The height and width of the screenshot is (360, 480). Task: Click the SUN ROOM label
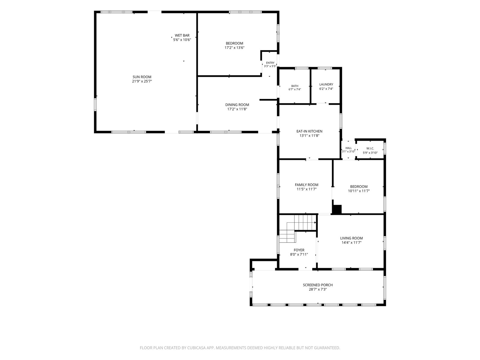pos(142,77)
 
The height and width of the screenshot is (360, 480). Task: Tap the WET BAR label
pos(182,35)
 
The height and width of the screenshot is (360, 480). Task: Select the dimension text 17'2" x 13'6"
pos(234,48)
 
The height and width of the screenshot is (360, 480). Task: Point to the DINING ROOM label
pos(237,105)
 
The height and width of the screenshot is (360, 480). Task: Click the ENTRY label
pos(270,63)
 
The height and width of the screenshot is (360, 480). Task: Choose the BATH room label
pos(295,86)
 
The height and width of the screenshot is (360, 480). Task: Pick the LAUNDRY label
pos(326,84)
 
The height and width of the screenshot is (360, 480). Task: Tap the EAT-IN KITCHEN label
pos(309,131)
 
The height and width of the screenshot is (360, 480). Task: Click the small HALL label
pos(349,148)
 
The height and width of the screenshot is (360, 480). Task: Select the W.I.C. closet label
pos(370,148)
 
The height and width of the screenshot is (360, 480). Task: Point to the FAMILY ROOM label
pos(306,185)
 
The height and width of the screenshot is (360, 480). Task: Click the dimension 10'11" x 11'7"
pos(358,191)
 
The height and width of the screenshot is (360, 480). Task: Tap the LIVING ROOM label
pos(351,238)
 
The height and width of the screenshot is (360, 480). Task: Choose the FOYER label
pos(299,250)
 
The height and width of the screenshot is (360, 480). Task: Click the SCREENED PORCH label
pos(317,285)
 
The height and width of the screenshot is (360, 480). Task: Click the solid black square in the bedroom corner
pos(337,209)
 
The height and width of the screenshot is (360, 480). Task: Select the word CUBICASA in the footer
pos(196,348)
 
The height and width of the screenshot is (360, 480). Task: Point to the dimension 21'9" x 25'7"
pos(142,81)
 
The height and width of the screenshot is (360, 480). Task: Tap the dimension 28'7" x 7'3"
pos(317,289)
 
